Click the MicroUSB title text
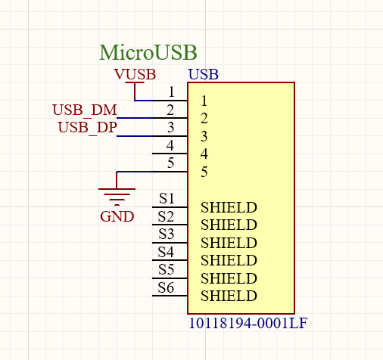tap(148, 52)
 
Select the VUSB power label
tap(135, 74)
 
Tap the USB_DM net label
tap(85, 110)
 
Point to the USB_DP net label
tap(87, 127)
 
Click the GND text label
tap(117, 216)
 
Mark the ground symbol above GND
tap(117, 196)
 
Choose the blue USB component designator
tap(203, 74)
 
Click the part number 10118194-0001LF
tap(248, 323)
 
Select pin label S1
tap(167, 199)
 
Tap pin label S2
tap(167, 217)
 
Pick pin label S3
tap(167, 234)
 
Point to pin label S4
tap(167, 252)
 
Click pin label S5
tap(167, 269)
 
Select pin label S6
tap(167, 287)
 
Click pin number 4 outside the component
tap(171, 144)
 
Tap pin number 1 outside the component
tap(172, 92)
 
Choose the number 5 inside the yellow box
tap(204, 172)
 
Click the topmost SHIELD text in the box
tap(229, 207)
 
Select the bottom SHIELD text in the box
tap(229, 296)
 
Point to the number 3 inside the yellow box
tap(204, 136)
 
